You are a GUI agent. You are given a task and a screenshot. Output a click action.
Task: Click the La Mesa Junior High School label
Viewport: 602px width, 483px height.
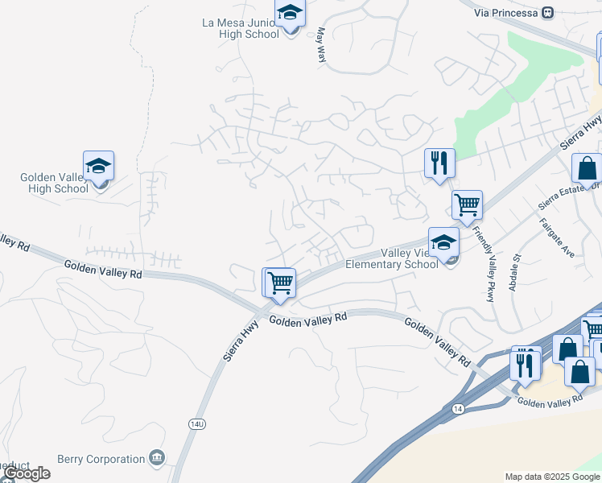[x=241, y=28]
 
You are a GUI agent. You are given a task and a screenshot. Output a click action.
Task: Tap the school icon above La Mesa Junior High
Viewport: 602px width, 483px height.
[x=289, y=13]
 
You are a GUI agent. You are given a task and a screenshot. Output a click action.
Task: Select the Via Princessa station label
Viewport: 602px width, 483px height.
[x=505, y=13]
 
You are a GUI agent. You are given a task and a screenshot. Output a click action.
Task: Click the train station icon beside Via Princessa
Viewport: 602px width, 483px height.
[x=549, y=13]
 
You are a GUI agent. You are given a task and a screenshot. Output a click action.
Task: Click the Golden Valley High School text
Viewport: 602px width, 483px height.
[x=54, y=183]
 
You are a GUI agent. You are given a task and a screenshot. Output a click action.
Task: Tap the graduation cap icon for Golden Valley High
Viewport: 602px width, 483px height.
[x=99, y=166]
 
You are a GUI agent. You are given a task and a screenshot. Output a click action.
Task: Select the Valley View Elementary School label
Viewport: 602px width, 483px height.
[x=391, y=258]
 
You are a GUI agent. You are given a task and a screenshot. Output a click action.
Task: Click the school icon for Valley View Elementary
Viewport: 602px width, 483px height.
[x=443, y=242]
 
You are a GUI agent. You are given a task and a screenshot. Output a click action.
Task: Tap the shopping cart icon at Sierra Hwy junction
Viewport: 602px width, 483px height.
[x=280, y=283]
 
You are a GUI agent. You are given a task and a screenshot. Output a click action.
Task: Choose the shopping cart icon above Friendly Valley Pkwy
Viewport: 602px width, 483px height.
[x=467, y=205]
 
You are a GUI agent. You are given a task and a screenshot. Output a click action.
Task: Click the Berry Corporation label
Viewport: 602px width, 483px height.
[x=101, y=460]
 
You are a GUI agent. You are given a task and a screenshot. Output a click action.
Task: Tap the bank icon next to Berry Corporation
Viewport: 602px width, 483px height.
[x=158, y=459]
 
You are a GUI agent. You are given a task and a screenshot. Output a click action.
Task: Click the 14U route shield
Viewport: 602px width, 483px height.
[x=196, y=423]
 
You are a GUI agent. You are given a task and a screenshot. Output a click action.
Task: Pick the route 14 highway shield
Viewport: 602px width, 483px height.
[x=458, y=409]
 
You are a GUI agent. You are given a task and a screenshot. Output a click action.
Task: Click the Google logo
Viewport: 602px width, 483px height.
[x=26, y=473]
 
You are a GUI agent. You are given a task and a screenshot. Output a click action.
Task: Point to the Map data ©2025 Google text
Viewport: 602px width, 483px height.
[x=552, y=477]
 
